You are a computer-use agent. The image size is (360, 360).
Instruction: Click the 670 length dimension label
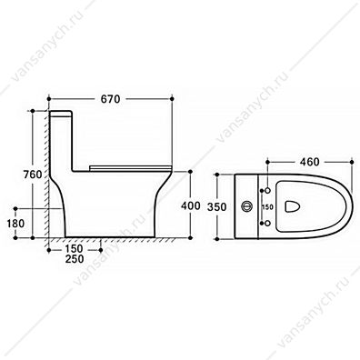pos(110,99)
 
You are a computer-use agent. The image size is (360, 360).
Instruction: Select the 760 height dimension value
pos(32,175)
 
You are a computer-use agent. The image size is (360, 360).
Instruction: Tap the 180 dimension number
pos(15,224)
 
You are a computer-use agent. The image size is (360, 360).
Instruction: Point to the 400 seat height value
pos(191,205)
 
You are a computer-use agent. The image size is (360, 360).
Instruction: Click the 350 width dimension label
pos(216,207)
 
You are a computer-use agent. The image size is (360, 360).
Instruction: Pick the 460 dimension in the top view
pos(309,162)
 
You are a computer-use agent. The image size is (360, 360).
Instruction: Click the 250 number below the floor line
pos(75,259)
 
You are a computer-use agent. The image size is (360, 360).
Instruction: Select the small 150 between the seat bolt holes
pos(267,207)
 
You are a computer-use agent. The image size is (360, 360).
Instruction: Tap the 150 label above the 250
pos(74,249)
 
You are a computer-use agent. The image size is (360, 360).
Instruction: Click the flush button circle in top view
pos(246,206)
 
